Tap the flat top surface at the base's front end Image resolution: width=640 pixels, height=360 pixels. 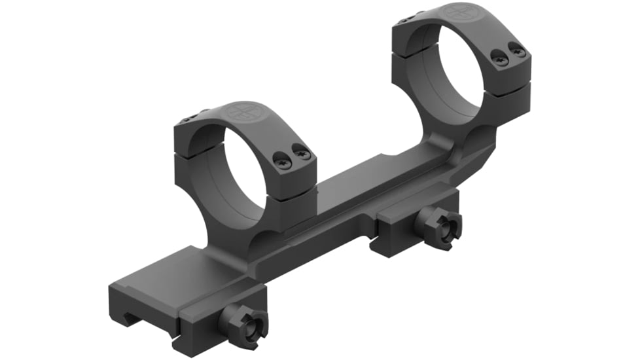click(170, 275)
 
